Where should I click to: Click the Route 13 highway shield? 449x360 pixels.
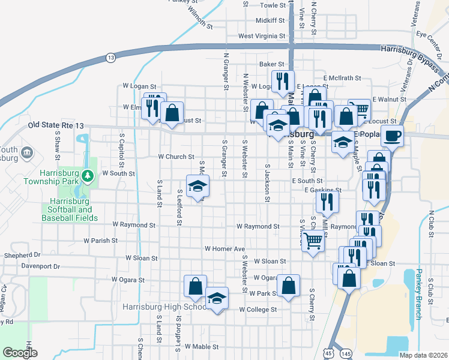click(110, 58)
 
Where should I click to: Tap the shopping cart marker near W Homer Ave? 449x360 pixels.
click(313, 241)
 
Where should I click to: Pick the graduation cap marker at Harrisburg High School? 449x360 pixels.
click(217, 298)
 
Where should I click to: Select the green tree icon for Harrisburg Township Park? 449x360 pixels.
click(88, 175)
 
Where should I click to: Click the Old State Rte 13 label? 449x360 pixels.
click(53, 125)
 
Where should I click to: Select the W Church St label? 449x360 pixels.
click(176, 157)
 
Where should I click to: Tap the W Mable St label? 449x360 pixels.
click(201, 347)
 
